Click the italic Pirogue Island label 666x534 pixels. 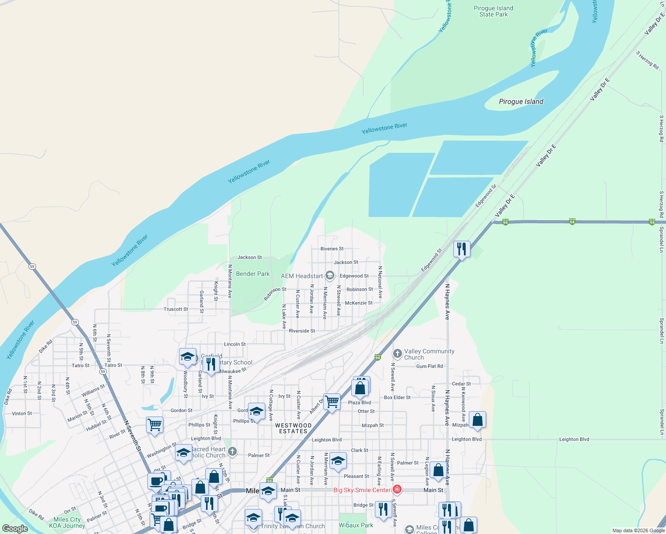coord(521,101)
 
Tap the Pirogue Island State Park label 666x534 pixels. coord(493,12)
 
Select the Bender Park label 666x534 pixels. coord(252,274)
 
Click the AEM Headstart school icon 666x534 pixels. coord(329,276)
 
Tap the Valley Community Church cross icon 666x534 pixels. coord(397,354)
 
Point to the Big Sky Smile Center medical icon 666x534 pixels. coord(397,490)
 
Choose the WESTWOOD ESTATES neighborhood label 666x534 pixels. coord(293,429)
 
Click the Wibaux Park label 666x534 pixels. coord(356,525)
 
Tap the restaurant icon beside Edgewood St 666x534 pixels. coord(462,249)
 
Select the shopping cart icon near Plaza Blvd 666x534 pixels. coord(332,402)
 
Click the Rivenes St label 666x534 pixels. coord(332,249)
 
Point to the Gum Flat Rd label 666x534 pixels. coord(430,366)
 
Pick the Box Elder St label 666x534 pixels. coord(397,397)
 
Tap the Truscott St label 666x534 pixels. coord(176,309)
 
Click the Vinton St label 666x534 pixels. coord(22,413)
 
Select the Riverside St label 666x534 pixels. coord(302,331)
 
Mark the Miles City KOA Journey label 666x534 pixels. coord(67,522)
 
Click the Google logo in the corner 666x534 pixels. coord(15,529)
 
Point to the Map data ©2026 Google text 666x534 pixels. coord(638,530)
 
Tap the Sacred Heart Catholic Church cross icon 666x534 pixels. coord(232,452)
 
